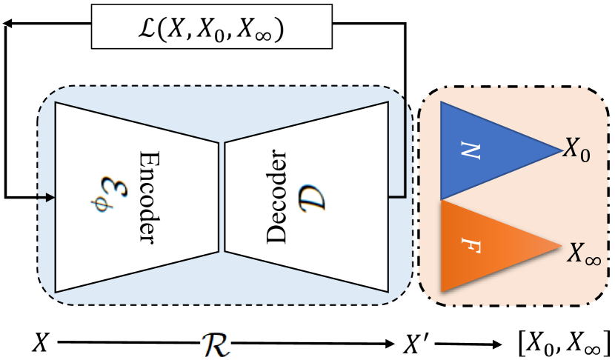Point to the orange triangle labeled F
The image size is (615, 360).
[482, 246]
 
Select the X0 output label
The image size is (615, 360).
[576, 150]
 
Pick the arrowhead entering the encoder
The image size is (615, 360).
[50, 197]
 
